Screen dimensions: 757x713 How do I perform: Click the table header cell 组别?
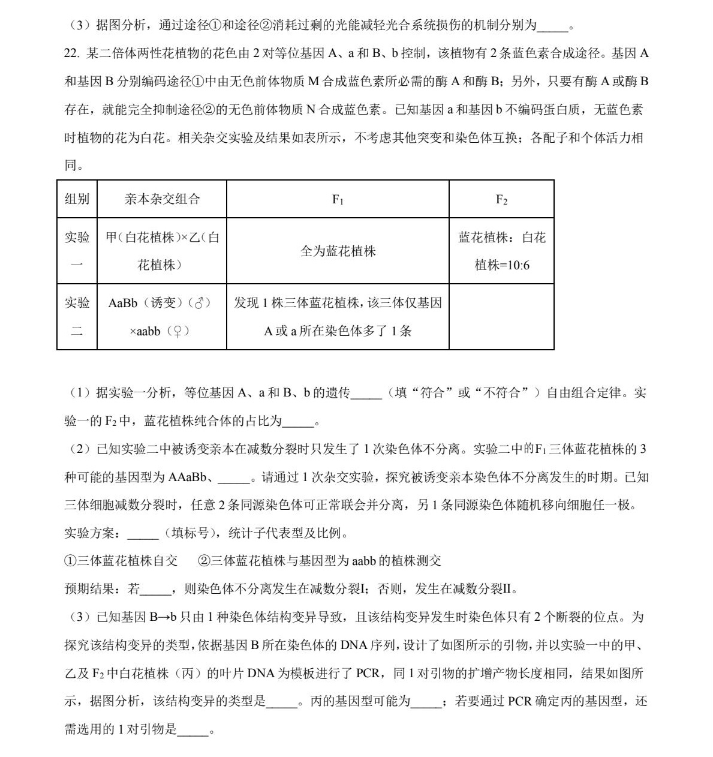77,199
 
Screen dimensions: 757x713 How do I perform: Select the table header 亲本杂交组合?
162,199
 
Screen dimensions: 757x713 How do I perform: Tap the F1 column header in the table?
338,200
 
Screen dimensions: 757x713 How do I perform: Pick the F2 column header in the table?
501,200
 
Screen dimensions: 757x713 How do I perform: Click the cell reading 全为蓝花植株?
338,251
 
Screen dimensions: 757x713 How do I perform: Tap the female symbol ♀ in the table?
177,331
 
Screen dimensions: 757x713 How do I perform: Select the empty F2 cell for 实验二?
501,317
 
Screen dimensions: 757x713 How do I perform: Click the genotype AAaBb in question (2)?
188,477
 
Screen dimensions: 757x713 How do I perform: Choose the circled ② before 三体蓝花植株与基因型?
204,561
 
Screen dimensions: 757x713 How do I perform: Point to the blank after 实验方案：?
143,534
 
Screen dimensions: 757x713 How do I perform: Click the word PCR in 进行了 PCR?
368,673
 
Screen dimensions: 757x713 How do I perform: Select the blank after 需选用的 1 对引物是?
194,729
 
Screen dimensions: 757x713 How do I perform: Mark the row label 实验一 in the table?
77,251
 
